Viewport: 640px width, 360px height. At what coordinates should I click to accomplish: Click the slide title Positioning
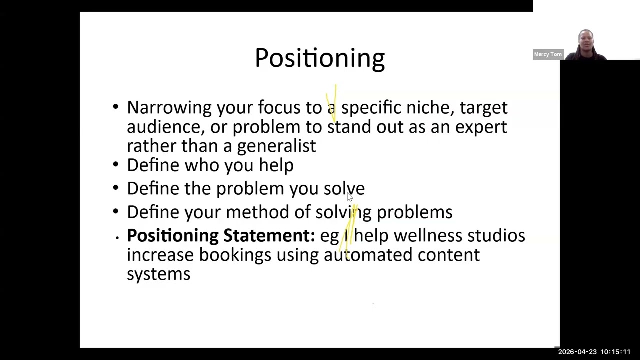[x=320, y=58]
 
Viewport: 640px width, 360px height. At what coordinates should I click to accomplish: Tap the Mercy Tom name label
[x=548, y=54]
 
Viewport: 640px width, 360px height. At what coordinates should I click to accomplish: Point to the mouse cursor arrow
[x=350, y=197]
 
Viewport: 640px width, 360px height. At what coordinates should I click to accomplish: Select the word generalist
[x=276, y=146]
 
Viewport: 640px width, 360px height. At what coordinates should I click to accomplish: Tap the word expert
[x=481, y=127]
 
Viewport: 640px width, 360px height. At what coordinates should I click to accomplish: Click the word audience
[x=166, y=127]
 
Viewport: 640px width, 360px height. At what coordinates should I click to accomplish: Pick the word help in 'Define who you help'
[x=276, y=165]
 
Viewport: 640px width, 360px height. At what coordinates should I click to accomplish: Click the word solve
[x=344, y=189]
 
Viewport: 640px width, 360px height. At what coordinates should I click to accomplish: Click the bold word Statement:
[x=269, y=235]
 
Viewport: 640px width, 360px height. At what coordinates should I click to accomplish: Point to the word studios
[x=496, y=235]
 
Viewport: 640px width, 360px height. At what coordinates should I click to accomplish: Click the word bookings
[x=235, y=255]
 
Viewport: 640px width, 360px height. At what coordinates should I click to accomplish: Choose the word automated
[x=368, y=255]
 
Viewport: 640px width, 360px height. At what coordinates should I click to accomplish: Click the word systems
[x=158, y=274]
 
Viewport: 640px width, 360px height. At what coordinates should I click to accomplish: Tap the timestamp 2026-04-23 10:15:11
[x=594, y=352]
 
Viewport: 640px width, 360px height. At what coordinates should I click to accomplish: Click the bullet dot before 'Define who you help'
[x=115, y=165]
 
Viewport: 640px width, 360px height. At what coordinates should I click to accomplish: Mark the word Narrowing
[x=169, y=108]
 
